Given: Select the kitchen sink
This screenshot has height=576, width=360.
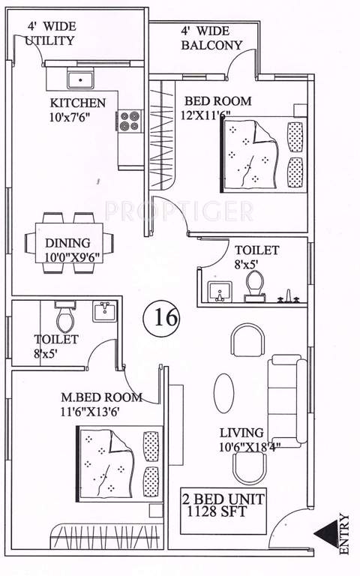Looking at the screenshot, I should (78, 79).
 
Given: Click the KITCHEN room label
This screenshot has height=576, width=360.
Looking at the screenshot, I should (77, 103).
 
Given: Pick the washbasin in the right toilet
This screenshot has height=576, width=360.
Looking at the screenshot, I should (220, 293).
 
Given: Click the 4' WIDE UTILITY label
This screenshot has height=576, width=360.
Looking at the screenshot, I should (50, 33).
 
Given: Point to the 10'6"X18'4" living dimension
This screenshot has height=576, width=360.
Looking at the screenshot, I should (250, 447).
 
